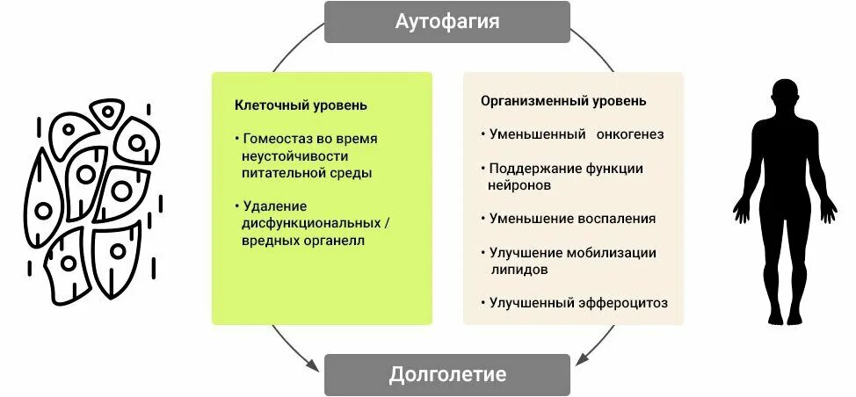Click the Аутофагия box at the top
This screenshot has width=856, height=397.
click(446, 22)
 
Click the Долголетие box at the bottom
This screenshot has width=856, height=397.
click(446, 375)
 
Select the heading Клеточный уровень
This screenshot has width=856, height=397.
click(301, 105)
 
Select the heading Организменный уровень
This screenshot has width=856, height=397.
click(563, 101)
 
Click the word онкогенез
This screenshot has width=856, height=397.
click(628, 134)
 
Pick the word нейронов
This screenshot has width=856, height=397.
click(519, 185)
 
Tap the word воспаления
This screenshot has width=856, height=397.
click(618, 219)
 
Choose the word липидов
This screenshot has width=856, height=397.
click(519, 270)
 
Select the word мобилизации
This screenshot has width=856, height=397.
click(613, 253)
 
